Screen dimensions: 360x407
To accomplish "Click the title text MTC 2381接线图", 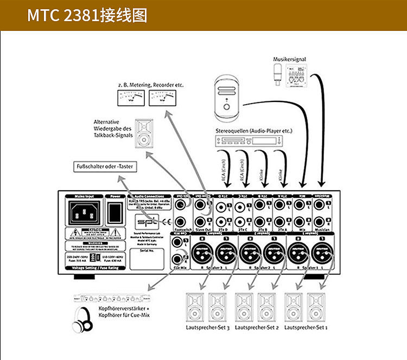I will coord(87,15).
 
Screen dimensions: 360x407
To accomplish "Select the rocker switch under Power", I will coord(115,211).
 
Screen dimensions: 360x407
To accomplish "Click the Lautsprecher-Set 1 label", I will coord(307,328).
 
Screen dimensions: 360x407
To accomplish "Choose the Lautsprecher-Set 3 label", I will coord(208,328).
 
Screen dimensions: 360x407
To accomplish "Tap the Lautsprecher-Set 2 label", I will coord(257,328).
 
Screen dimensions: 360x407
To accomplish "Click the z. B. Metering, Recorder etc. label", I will coord(150,85).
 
